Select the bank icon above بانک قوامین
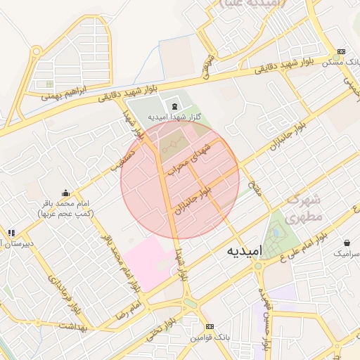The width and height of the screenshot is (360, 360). (x=210, y=327)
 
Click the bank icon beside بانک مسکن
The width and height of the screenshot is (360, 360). (x=342, y=51)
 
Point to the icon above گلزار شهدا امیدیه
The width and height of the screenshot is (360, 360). (x=174, y=105)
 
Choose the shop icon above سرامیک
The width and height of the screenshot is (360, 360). (x=347, y=241)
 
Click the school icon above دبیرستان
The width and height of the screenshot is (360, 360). (x=11, y=233)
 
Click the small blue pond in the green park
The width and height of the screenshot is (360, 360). (x=276, y=231)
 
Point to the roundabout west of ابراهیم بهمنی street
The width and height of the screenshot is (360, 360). (x=37, y=51)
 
